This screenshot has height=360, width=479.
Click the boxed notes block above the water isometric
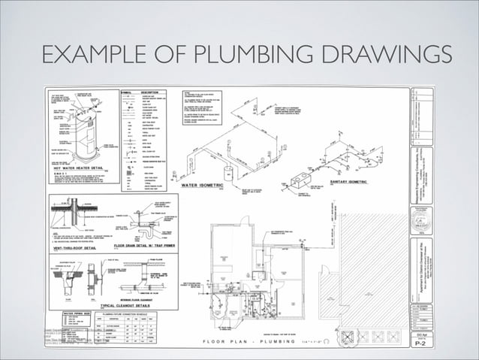pos(205,111)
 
